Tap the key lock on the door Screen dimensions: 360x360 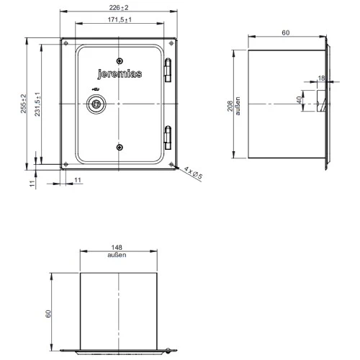tap(94, 104)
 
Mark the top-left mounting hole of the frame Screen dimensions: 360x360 tap(66, 43)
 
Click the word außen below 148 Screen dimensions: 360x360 tap(117, 256)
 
